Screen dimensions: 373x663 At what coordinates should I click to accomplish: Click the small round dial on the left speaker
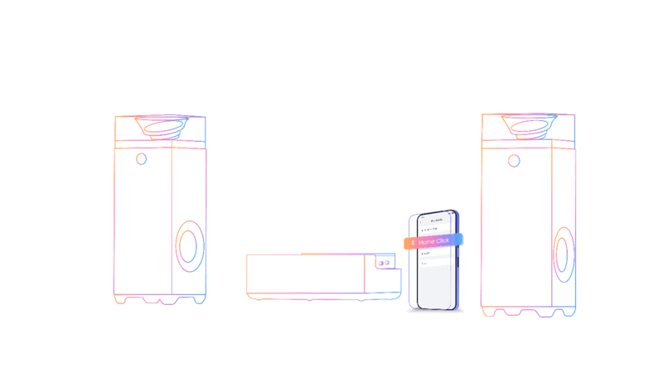(x=142, y=158)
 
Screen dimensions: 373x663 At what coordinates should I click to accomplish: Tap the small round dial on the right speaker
(x=515, y=161)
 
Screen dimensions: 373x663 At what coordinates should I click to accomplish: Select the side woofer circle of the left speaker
(x=190, y=246)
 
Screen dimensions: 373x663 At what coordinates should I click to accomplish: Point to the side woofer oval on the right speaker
(x=564, y=253)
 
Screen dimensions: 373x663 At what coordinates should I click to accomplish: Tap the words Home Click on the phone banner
(x=434, y=241)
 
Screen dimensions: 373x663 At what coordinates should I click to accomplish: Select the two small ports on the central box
(x=384, y=264)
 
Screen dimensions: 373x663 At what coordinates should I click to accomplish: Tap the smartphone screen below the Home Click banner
(x=436, y=282)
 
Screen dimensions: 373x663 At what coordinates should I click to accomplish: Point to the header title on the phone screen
(x=437, y=221)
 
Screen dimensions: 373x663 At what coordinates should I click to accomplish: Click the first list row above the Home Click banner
(x=435, y=230)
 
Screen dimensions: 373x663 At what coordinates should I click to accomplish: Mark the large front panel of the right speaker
(x=515, y=228)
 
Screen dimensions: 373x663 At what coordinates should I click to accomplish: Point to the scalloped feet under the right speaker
(x=528, y=312)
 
